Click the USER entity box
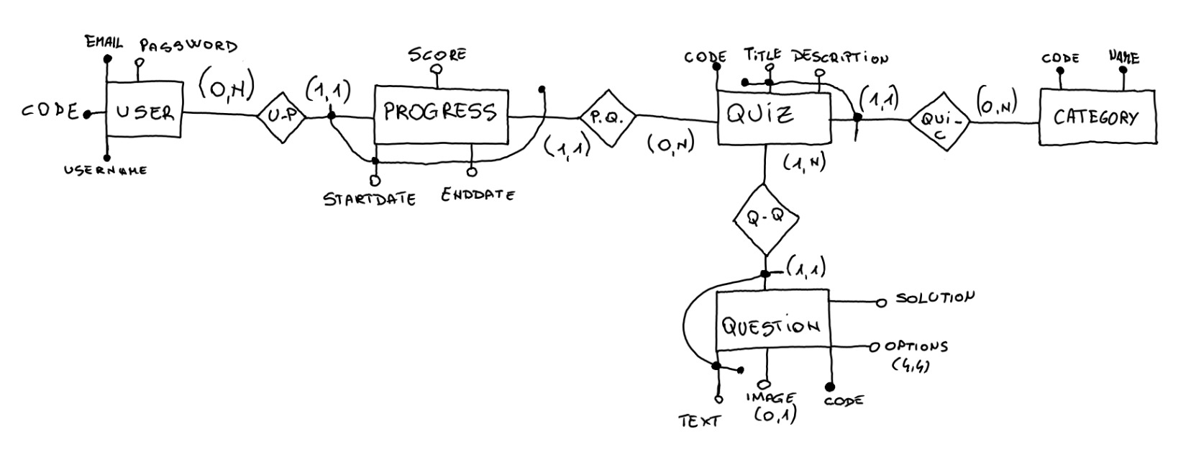pyautogui.click(x=144, y=112)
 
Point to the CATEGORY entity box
pyautogui.click(x=1097, y=117)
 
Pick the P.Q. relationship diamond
pyautogui.click(x=608, y=118)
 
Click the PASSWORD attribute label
pyautogui.click(x=188, y=46)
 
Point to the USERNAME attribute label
pyautogui.click(x=106, y=171)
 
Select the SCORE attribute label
pyautogui.click(x=437, y=54)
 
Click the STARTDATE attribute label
pyautogui.click(x=370, y=199)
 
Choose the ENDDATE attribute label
pyautogui.click(x=478, y=194)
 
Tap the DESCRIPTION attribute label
pyautogui.click(x=840, y=58)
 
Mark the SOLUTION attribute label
pyautogui.click(x=935, y=297)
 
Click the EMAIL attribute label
pyautogui.click(x=104, y=42)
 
